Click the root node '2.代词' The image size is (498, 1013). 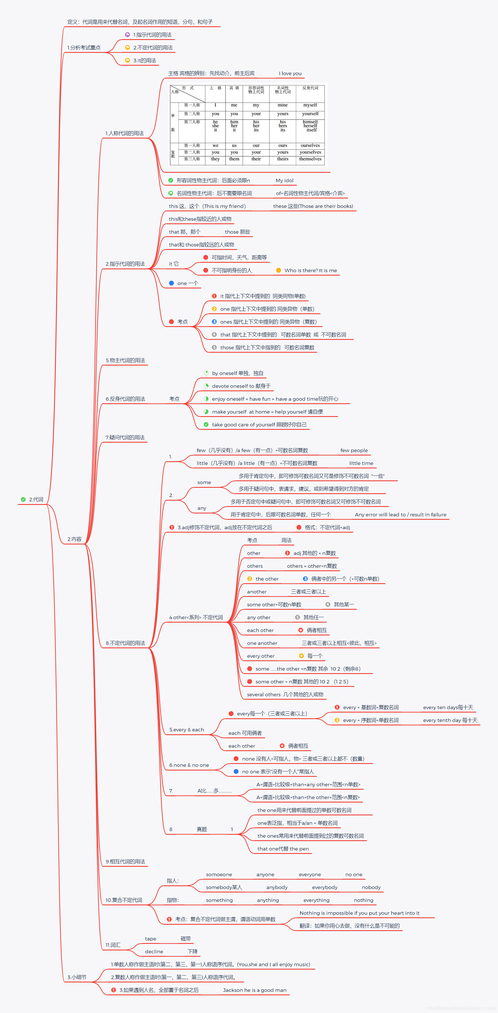pos(36,500)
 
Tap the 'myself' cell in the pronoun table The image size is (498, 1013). pos(310,105)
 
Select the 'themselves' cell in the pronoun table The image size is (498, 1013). pos(310,159)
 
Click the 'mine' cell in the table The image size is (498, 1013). pos(283,105)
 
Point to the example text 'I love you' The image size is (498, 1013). pos(290,73)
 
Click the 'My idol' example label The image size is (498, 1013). pos(284,180)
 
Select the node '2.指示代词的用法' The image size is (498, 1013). pos(125,264)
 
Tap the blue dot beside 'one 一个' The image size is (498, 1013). pos(171,283)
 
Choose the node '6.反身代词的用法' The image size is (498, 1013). pos(125,399)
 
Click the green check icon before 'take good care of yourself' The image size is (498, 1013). pos(206,425)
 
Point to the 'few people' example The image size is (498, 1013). pos(354,450)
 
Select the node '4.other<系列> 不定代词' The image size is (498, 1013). pos(196,617)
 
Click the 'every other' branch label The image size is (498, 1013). pos(260,656)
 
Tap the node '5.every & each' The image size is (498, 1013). pos(187,729)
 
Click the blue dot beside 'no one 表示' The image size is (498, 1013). pos(236,772)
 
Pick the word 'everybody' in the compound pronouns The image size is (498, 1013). pos(325,887)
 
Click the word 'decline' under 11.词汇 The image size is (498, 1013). pos(154,952)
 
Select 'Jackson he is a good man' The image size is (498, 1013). pos(255,990)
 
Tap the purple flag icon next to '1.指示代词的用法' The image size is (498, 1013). pos(127,35)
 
